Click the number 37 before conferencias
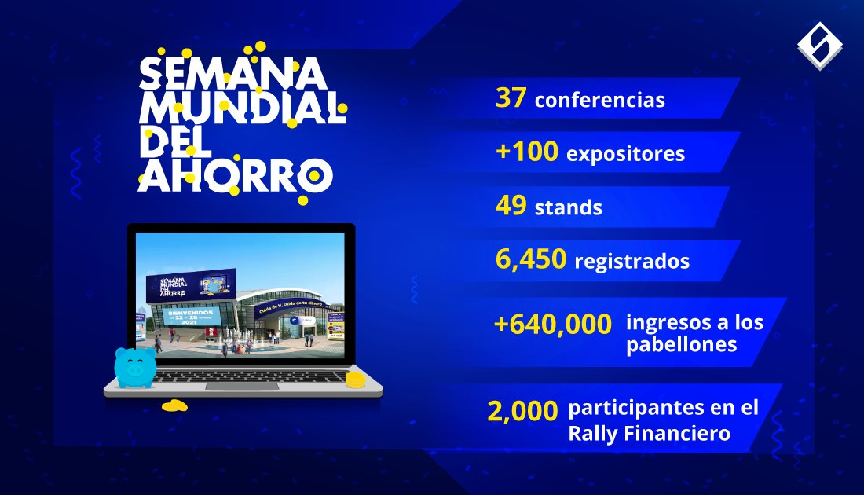click(x=511, y=99)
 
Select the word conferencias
click(x=599, y=101)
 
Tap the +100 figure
click(x=527, y=152)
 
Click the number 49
click(x=511, y=207)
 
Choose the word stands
click(x=568, y=208)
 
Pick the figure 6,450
click(x=531, y=259)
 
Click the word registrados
click(x=632, y=261)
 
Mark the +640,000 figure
click(x=553, y=324)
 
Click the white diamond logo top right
click(x=819, y=45)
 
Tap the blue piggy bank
click(x=134, y=366)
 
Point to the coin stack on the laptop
click(x=356, y=380)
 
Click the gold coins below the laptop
click(x=174, y=405)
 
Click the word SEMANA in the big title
click(x=232, y=73)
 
